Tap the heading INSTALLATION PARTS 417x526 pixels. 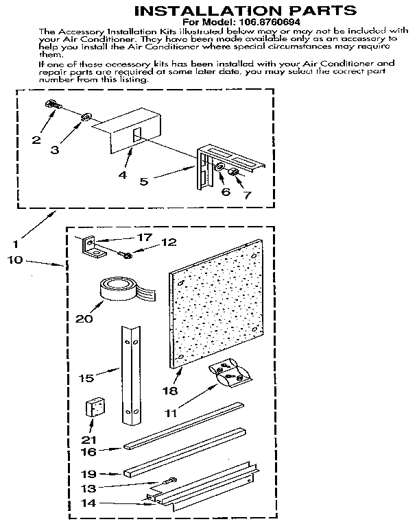click(243, 10)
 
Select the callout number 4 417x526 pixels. click(122, 175)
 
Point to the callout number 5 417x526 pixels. click(144, 182)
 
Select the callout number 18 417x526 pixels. click(169, 391)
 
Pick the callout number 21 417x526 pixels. click(89, 439)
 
